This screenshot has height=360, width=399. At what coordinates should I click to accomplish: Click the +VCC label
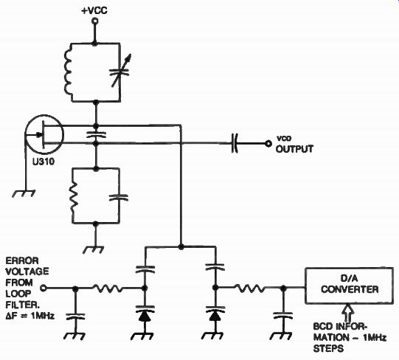pos(94,10)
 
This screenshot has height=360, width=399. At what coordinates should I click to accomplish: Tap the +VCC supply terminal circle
pos(95,21)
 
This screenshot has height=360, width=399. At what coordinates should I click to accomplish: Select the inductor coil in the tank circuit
pos(68,72)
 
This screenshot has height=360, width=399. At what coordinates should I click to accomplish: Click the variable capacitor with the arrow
pos(120,72)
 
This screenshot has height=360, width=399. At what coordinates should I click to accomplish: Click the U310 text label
pos(44,162)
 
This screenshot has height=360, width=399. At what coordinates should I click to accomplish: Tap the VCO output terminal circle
pos(268,144)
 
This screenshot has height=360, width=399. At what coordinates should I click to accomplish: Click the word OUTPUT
pos(294,149)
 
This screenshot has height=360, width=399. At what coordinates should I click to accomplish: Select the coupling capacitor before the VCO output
pos(235,143)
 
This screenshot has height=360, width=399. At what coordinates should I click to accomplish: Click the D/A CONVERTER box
pos(349,285)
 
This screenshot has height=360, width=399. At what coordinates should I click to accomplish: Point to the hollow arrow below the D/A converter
pos(350,314)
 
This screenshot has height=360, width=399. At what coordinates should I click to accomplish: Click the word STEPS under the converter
pos(328,348)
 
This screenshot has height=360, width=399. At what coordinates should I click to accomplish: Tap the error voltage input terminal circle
pos(44,288)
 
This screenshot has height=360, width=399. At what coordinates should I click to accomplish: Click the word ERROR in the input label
pos(22,261)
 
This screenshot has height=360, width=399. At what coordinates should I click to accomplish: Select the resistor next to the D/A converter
pos(250,288)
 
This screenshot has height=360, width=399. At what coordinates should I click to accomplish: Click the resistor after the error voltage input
pos(108,288)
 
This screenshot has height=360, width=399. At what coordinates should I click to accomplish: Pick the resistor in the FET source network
pos(74,195)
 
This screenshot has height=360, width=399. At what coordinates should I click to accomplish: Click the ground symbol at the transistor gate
pos(24,194)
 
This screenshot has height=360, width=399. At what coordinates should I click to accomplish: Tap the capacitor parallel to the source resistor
pos(119,198)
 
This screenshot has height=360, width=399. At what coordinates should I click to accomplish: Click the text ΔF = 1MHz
pos(30,316)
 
